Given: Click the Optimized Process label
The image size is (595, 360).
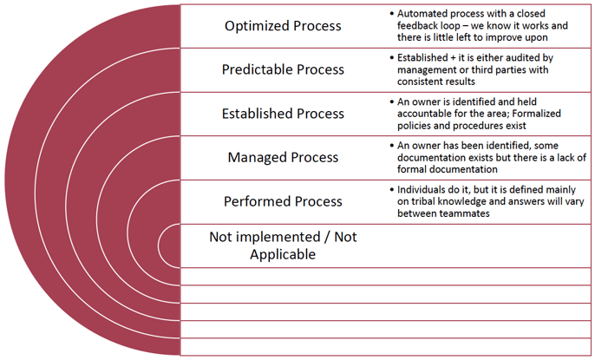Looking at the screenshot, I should coord(283,26).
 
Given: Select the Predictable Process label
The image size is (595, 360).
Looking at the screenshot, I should coord(283,69).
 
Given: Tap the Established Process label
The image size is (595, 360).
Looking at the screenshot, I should coord(283,114).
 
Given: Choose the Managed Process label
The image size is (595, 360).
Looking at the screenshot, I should coord(283,158).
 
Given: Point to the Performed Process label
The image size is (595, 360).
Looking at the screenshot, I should coord(283,201).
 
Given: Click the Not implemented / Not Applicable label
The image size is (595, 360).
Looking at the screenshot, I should coord(283,245).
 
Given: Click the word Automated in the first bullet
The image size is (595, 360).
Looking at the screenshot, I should coord(425,14).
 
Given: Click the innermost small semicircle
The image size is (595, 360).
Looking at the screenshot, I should coord(171,245).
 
